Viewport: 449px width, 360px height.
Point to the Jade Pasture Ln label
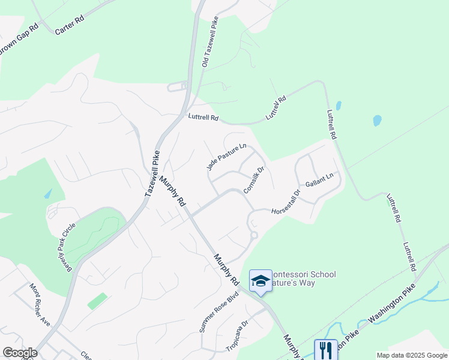pyautogui.click(x=227, y=157)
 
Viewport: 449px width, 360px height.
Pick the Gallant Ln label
pyautogui.click(x=319, y=179)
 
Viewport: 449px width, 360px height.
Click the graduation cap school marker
pyautogui.click(x=261, y=281)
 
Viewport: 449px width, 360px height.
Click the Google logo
pyautogui.click(x=20, y=353)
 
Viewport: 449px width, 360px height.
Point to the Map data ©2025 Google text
pyautogui.click(x=412, y=355)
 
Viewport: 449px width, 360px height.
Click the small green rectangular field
pyautogui.click(x=97, y=301)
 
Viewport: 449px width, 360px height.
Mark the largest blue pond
pyautogui.click(x=377, y=120)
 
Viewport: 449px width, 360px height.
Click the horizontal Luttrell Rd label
pyautogui.click(x=202, y=118)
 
